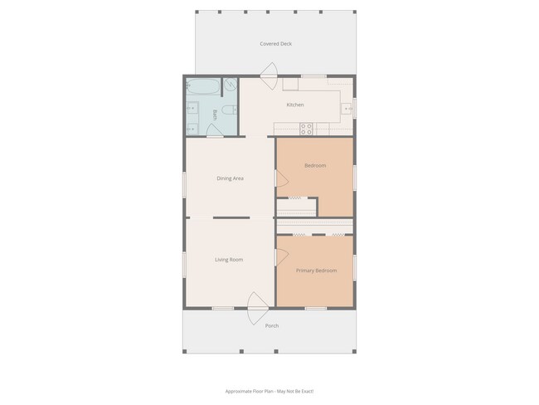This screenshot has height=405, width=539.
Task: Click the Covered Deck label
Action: [275, 44]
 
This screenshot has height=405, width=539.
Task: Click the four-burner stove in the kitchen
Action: [306, 129]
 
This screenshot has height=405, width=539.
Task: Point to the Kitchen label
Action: [295, 105]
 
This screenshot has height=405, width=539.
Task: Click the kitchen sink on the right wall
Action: [349, 106]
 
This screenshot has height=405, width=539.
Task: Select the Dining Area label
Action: [230, 178]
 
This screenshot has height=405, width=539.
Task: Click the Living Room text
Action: [229, 260]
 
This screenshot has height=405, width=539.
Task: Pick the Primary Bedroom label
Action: [316, 271]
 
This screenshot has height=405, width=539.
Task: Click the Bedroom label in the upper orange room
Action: [315, 166]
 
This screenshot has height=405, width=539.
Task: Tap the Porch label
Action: [271, 326]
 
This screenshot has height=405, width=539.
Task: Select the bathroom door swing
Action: [215, 131]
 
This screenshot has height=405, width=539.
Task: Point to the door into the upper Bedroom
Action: [280, 178]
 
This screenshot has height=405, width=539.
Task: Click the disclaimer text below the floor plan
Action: [269, 391]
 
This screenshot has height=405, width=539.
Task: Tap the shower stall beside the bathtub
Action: [230, 85]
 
